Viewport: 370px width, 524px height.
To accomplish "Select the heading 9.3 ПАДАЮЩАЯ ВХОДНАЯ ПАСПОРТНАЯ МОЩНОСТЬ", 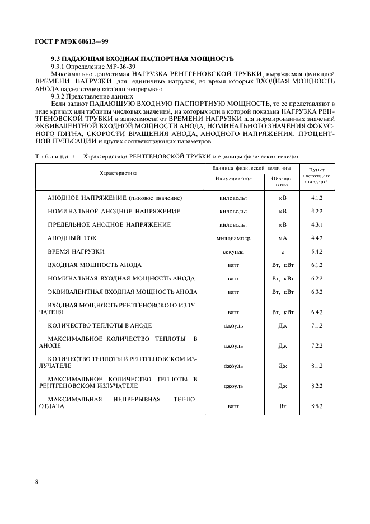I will (x=142, y=59).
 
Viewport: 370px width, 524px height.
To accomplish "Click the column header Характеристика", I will (x=119, y=174).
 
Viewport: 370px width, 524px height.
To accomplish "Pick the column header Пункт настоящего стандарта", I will (x=317, y=175).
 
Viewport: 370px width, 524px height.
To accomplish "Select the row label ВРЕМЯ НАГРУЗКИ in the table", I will (x=76, y=251).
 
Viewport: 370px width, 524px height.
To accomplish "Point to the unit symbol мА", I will (x=283, y=238).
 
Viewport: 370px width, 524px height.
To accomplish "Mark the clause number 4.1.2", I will (x=317, y=198).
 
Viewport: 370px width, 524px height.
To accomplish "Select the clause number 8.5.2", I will (x=317, y=406).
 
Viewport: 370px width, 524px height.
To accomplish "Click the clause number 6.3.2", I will (x=317, y=292).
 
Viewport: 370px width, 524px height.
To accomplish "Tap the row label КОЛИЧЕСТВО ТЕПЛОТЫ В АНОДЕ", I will (x=100, y=325).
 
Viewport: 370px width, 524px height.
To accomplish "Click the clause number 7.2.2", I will (x=317, y=345).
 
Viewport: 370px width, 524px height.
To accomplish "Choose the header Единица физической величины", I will (x=251, y=168).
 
